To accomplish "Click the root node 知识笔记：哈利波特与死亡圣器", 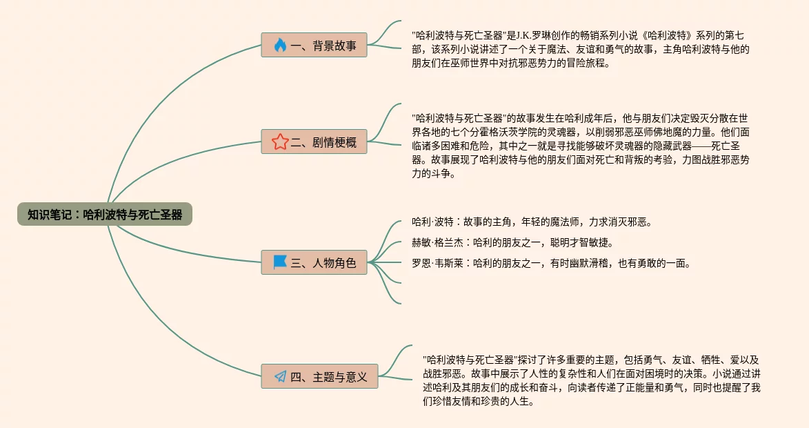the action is click(105, 214).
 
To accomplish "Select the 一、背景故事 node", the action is click(314, 46).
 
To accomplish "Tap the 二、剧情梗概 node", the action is click(314, 142).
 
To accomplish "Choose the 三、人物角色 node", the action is click(314, 262).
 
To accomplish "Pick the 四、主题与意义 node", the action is click(319, 377).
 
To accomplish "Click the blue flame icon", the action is click(279, 46).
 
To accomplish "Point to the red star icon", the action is click(279, 142).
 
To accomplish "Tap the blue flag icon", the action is click(279, 262).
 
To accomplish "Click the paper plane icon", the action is click(280, 377).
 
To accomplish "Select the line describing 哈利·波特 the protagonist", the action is click(531, 222).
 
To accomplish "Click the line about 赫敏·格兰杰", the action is click(512, 243).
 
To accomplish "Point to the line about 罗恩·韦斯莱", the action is click(550, 263).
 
